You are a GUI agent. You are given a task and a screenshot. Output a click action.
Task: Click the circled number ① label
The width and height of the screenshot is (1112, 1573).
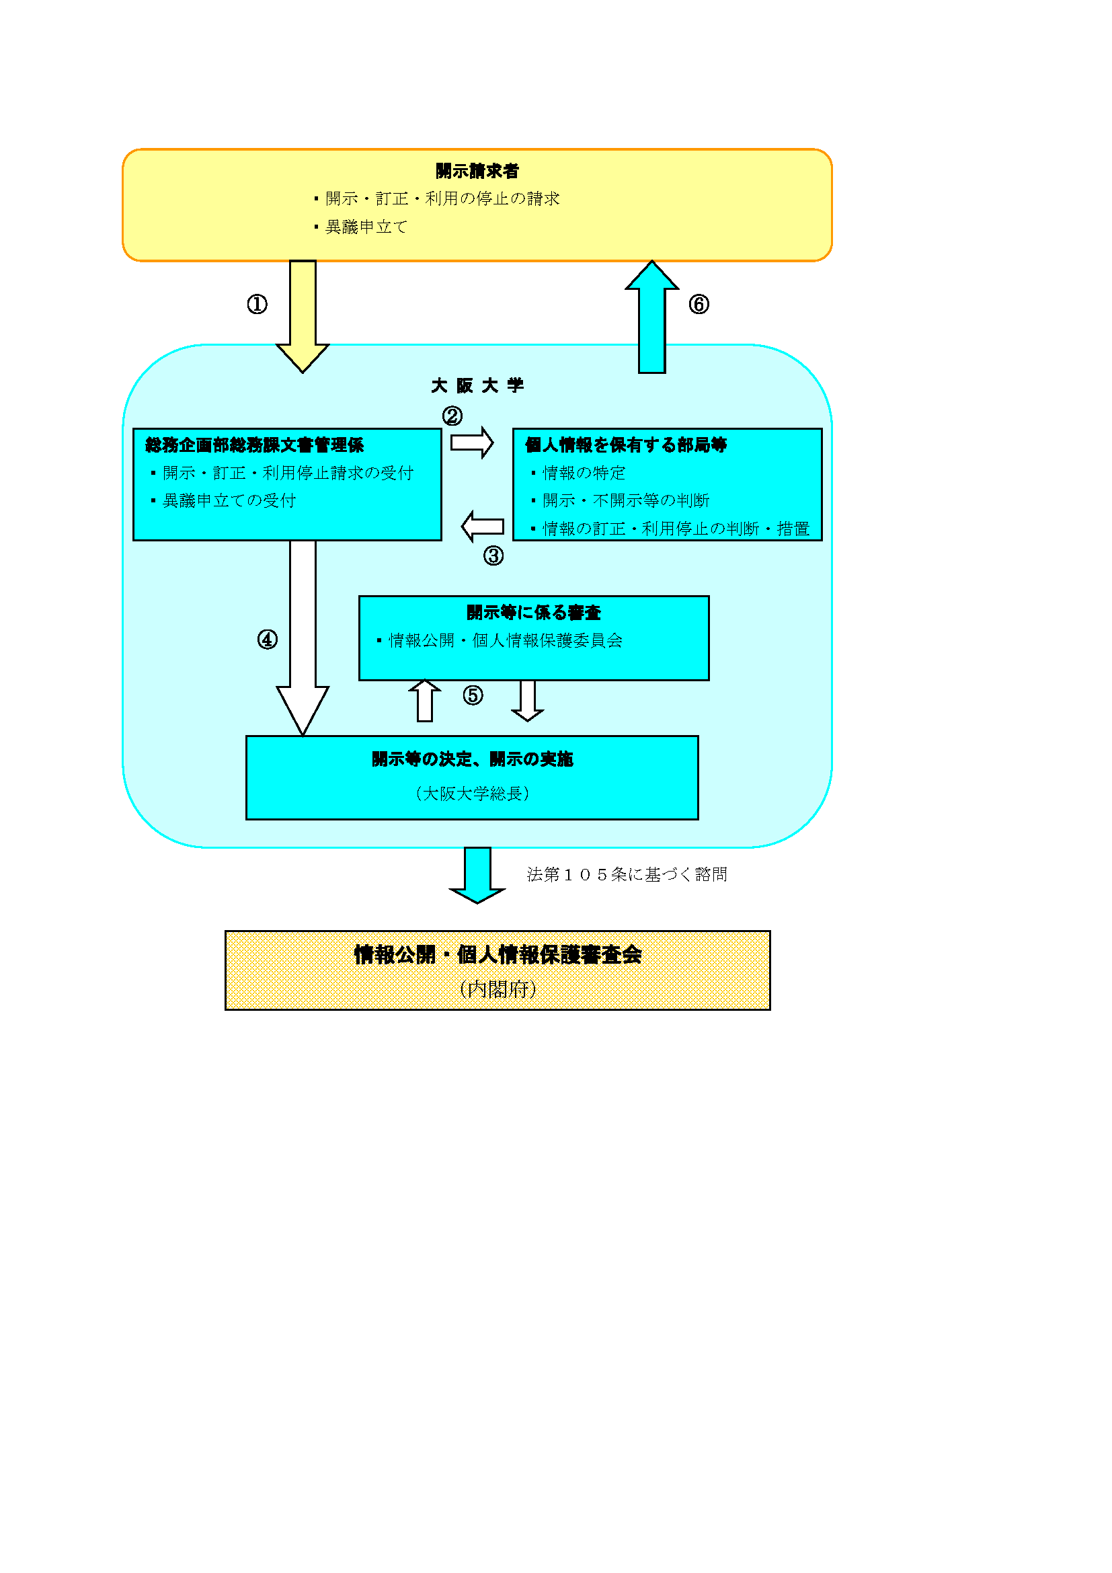pyautogui.click(x=257, y=304)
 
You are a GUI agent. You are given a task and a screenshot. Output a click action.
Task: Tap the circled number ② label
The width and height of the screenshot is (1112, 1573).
pyautogui.click(x=452, y=416)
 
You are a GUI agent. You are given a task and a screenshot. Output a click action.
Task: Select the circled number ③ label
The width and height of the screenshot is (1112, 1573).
pyautogui.click(x=493, y=555)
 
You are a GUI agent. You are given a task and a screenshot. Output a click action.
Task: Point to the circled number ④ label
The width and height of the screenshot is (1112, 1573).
pyautogui.click(x=267, y=640)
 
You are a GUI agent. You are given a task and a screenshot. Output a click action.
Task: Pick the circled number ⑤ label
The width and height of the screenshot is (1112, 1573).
pyautogui.click(x=473, y=696)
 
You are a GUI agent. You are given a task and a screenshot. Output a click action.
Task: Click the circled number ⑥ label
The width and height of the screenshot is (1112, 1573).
pyautogui.click(x=699, y=304)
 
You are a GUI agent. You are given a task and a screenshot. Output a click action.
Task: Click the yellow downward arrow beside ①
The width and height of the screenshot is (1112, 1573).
pyautogui.click(x=303, y=315)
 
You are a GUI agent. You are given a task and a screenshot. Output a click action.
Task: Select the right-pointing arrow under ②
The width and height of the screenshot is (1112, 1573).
pyautogui.click(x=472, y=443)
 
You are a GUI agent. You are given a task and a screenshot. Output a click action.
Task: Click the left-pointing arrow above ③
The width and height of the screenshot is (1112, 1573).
pyautogui.click(x=483, y=527)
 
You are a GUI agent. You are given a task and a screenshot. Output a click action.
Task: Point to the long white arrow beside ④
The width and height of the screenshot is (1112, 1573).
pyautogui.click(x=303, y=637)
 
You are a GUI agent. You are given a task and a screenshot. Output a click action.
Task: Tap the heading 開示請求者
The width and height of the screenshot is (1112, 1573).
pyautogui.click(x=477, y=171)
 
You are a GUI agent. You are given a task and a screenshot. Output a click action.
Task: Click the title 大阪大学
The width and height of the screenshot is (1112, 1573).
pyautogui.click(x=477, y=386)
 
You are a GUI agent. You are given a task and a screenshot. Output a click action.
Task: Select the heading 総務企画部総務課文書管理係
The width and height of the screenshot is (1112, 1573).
pyautogui.click(x=254, y=445)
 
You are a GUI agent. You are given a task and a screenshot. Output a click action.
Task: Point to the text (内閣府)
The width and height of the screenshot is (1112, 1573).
pyautogui.click(x=498, y=989)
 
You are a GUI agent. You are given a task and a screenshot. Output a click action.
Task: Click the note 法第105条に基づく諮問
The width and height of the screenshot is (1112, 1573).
pyautogui.click(x=627, y=875)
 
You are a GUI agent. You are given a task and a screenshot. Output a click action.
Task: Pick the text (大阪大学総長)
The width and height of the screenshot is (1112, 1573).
pyautogui.click(x=472, y=794)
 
